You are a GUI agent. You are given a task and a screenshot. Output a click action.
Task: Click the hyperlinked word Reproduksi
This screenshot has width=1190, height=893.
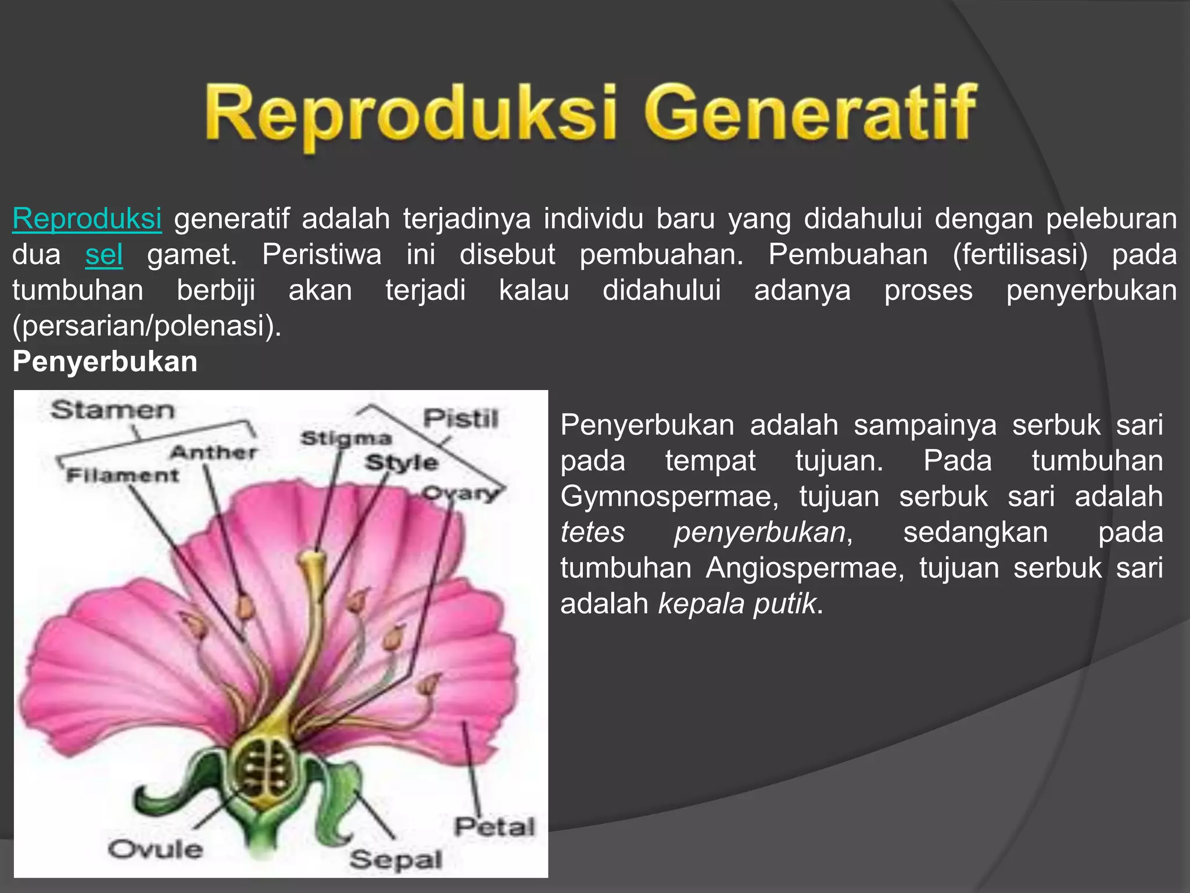pyautogui.click(x=87, y=219)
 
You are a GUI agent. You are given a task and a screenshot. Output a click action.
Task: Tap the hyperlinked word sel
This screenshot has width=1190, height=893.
pyautogui.click(x=104, y=255)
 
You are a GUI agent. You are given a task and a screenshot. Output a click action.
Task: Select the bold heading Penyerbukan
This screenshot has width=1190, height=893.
pyautogui.click(x=105, y=362)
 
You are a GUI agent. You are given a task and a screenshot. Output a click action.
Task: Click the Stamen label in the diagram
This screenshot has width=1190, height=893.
pyautogui.click(x=112, y=410)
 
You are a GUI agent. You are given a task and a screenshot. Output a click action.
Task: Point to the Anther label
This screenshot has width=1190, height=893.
pyautogui.click(x=213, y=452)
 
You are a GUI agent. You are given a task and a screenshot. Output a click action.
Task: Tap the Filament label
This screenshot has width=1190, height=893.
pyautogui.click(x=123, y=476)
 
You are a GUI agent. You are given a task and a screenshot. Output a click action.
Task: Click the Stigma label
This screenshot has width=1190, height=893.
pyautogui.click(x=346, y=438)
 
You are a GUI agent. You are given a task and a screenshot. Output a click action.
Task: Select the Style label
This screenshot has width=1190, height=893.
pyautogui.click(x=401, y=463)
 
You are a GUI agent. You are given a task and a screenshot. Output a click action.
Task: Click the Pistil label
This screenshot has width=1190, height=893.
pyautogui.click(x=461, y=419)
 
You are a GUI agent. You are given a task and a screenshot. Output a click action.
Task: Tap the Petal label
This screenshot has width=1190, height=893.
pyautogui.click(x=494, y=827)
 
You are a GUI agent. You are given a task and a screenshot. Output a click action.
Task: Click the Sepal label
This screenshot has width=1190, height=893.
pyautogui.click(x=396, y=859)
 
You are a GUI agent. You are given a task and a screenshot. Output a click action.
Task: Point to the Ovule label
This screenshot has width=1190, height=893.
pyautogui.click(x=156, y=849)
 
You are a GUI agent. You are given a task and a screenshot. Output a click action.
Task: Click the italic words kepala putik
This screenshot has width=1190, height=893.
pyautogui.click(x=737, y=604)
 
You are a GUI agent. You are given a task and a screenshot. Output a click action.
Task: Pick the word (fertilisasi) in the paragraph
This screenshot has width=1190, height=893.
pyautogui.click(x=1020, y=255)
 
